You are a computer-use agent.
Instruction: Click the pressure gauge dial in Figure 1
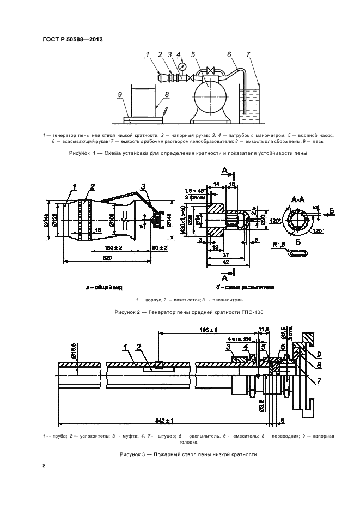(x=181, y=66)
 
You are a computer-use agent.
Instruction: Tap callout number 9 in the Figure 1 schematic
(x=119, y=94)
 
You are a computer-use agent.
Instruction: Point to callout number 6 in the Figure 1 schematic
(x=229, y=54)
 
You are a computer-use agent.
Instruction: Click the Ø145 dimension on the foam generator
(x=47, y=220)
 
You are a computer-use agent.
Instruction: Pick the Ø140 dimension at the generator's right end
(x=169, y=221)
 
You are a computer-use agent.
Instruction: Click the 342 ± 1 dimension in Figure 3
(x=163, y=421)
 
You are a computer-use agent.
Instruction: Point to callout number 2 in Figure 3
(x=140, y=347)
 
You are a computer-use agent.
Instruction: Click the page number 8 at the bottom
(x=45, y=466)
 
